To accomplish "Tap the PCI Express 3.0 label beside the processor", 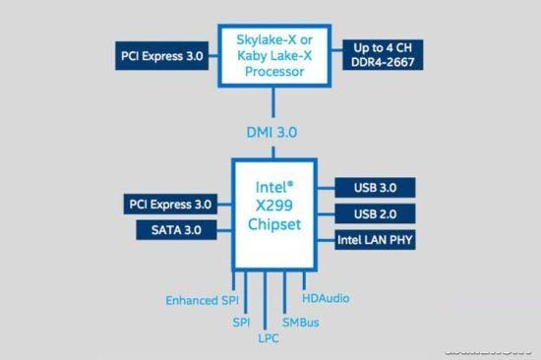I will tap(161, 56).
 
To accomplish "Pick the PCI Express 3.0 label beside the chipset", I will tap(169, 205).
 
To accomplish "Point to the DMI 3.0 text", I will tap(271, 132).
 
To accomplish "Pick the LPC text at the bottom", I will tap(269, 337).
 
